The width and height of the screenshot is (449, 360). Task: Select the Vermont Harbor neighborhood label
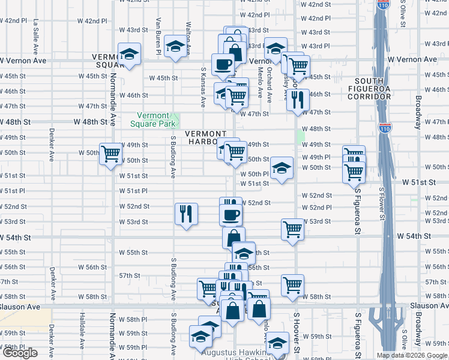tap(205, 137)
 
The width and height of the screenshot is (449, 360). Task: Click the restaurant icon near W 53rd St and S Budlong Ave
tap(186, 214)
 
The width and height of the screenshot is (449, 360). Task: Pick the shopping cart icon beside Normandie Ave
tap(110, 154)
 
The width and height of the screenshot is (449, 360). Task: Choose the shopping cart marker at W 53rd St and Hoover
tap(292, 229)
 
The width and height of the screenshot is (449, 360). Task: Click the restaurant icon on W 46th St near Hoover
tap(297, 100)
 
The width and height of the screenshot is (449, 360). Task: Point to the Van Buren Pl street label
tap(158, 36)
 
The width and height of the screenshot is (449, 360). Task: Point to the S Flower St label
tap(382, 205)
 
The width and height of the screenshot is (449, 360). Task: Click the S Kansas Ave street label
tap(203, 87)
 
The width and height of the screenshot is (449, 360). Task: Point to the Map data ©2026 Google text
tap(411, 355)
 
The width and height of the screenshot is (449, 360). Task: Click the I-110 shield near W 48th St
tap(385, 128)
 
